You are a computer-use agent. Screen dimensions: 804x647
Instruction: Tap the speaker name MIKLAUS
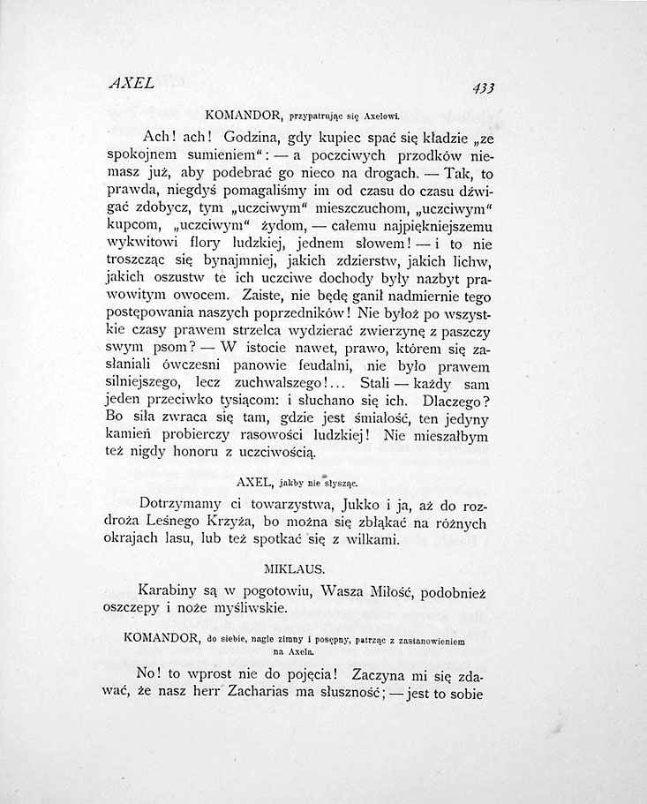click(294, 560)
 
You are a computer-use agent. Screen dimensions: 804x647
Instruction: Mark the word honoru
click(185, 450)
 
